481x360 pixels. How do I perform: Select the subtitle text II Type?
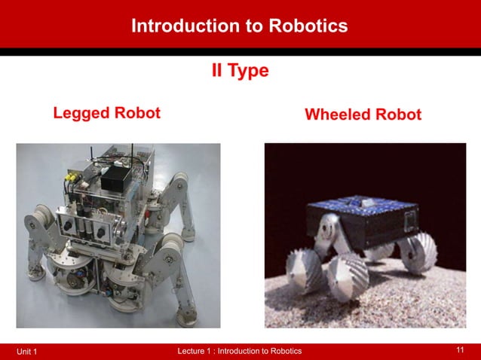[239, 72]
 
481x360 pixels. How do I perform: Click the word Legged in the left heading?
[81, 114]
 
